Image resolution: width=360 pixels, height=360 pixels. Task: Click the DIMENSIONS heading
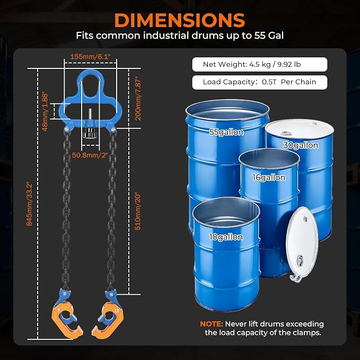click(180, 21)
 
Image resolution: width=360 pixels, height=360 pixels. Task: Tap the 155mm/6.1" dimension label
click(90, 56)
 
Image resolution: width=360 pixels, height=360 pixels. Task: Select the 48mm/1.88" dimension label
click(45, 112)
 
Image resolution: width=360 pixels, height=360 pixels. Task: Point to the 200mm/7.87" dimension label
click(138, 99)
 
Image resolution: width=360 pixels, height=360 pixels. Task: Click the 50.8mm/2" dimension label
click(90, 155)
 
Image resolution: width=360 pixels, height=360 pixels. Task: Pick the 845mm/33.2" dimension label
click(29, 204)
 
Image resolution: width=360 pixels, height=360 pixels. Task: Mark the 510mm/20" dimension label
click(137, 211)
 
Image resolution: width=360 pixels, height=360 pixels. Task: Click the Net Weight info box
click(260, 64)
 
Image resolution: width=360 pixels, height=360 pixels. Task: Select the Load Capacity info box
click(260, 82)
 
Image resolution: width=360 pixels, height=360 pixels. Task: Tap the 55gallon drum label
click(226, 132)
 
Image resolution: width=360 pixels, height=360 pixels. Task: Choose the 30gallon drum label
click(301, 145)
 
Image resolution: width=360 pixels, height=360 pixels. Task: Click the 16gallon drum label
click(269, 177)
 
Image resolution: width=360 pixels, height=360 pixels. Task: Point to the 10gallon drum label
click(226, 237)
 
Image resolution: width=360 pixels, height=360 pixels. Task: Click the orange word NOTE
click(212, 324)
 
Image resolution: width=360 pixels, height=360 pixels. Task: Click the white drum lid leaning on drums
click(302, 243)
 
